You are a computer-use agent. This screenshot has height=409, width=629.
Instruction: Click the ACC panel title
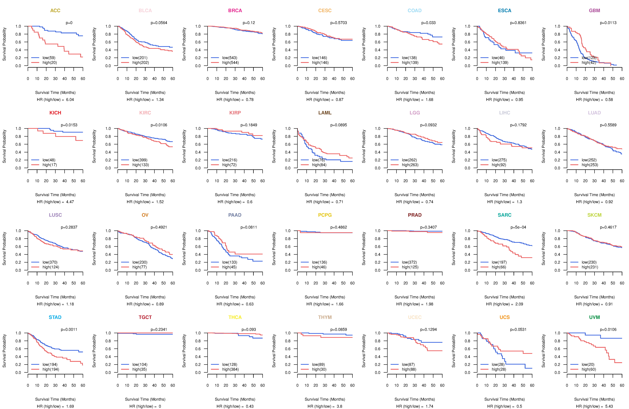(55, 11)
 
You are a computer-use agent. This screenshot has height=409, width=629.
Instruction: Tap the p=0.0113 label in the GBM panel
(608, 23)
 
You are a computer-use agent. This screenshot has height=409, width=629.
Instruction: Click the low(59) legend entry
(49, 58)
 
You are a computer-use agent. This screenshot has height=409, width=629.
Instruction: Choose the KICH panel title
(55, 113)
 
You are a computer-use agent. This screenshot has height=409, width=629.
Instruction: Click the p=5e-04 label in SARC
(518, 227)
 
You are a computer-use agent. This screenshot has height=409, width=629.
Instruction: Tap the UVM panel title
(594, 317)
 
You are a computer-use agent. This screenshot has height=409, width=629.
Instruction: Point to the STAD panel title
(55, 317)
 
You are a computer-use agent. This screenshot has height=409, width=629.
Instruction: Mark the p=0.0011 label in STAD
(69, 330)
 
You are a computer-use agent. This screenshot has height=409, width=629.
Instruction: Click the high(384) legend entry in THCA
(230, 369)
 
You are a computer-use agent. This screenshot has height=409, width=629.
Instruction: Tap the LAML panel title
(325, 113)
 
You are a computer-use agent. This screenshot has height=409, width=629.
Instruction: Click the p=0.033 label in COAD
(428, 23)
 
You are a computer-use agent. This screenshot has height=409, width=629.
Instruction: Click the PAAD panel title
(235, 215)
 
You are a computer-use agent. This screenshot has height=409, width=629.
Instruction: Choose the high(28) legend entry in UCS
(499, 369)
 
